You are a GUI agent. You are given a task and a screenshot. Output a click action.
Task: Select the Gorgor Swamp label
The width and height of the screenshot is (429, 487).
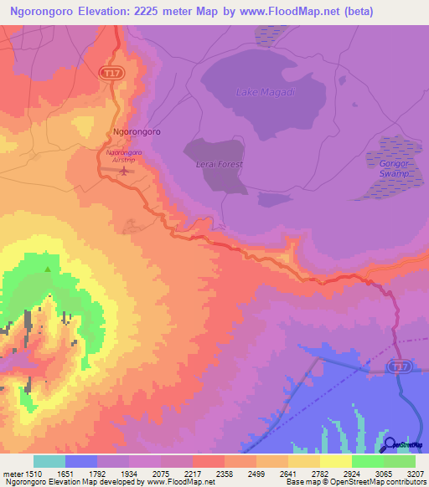pos(393,167)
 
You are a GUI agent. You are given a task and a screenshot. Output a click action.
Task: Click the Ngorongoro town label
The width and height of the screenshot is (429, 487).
pos(137,132)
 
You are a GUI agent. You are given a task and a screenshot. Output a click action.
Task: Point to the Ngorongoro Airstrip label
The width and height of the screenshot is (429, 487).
pos(124,156)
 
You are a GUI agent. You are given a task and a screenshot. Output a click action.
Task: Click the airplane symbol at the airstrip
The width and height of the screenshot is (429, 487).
pos(125,172)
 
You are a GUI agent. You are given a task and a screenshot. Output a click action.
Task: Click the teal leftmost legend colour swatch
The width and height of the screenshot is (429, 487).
pos(49,461)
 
